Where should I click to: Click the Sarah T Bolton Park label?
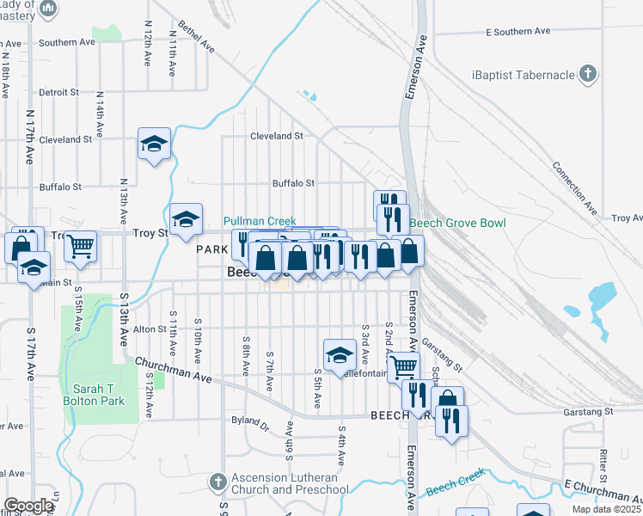[93, 394]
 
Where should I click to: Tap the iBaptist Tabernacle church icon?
[588, 74]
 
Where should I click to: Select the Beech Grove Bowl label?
[456, 223]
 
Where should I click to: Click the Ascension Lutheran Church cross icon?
[218, 479]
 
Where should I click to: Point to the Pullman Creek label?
[260, 221]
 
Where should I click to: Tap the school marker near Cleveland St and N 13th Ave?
[154, 144]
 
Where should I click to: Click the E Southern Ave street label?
[517, 31]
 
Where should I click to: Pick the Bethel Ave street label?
[195, 39]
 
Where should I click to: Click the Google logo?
[28, 506]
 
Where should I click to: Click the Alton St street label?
[149, 329]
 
